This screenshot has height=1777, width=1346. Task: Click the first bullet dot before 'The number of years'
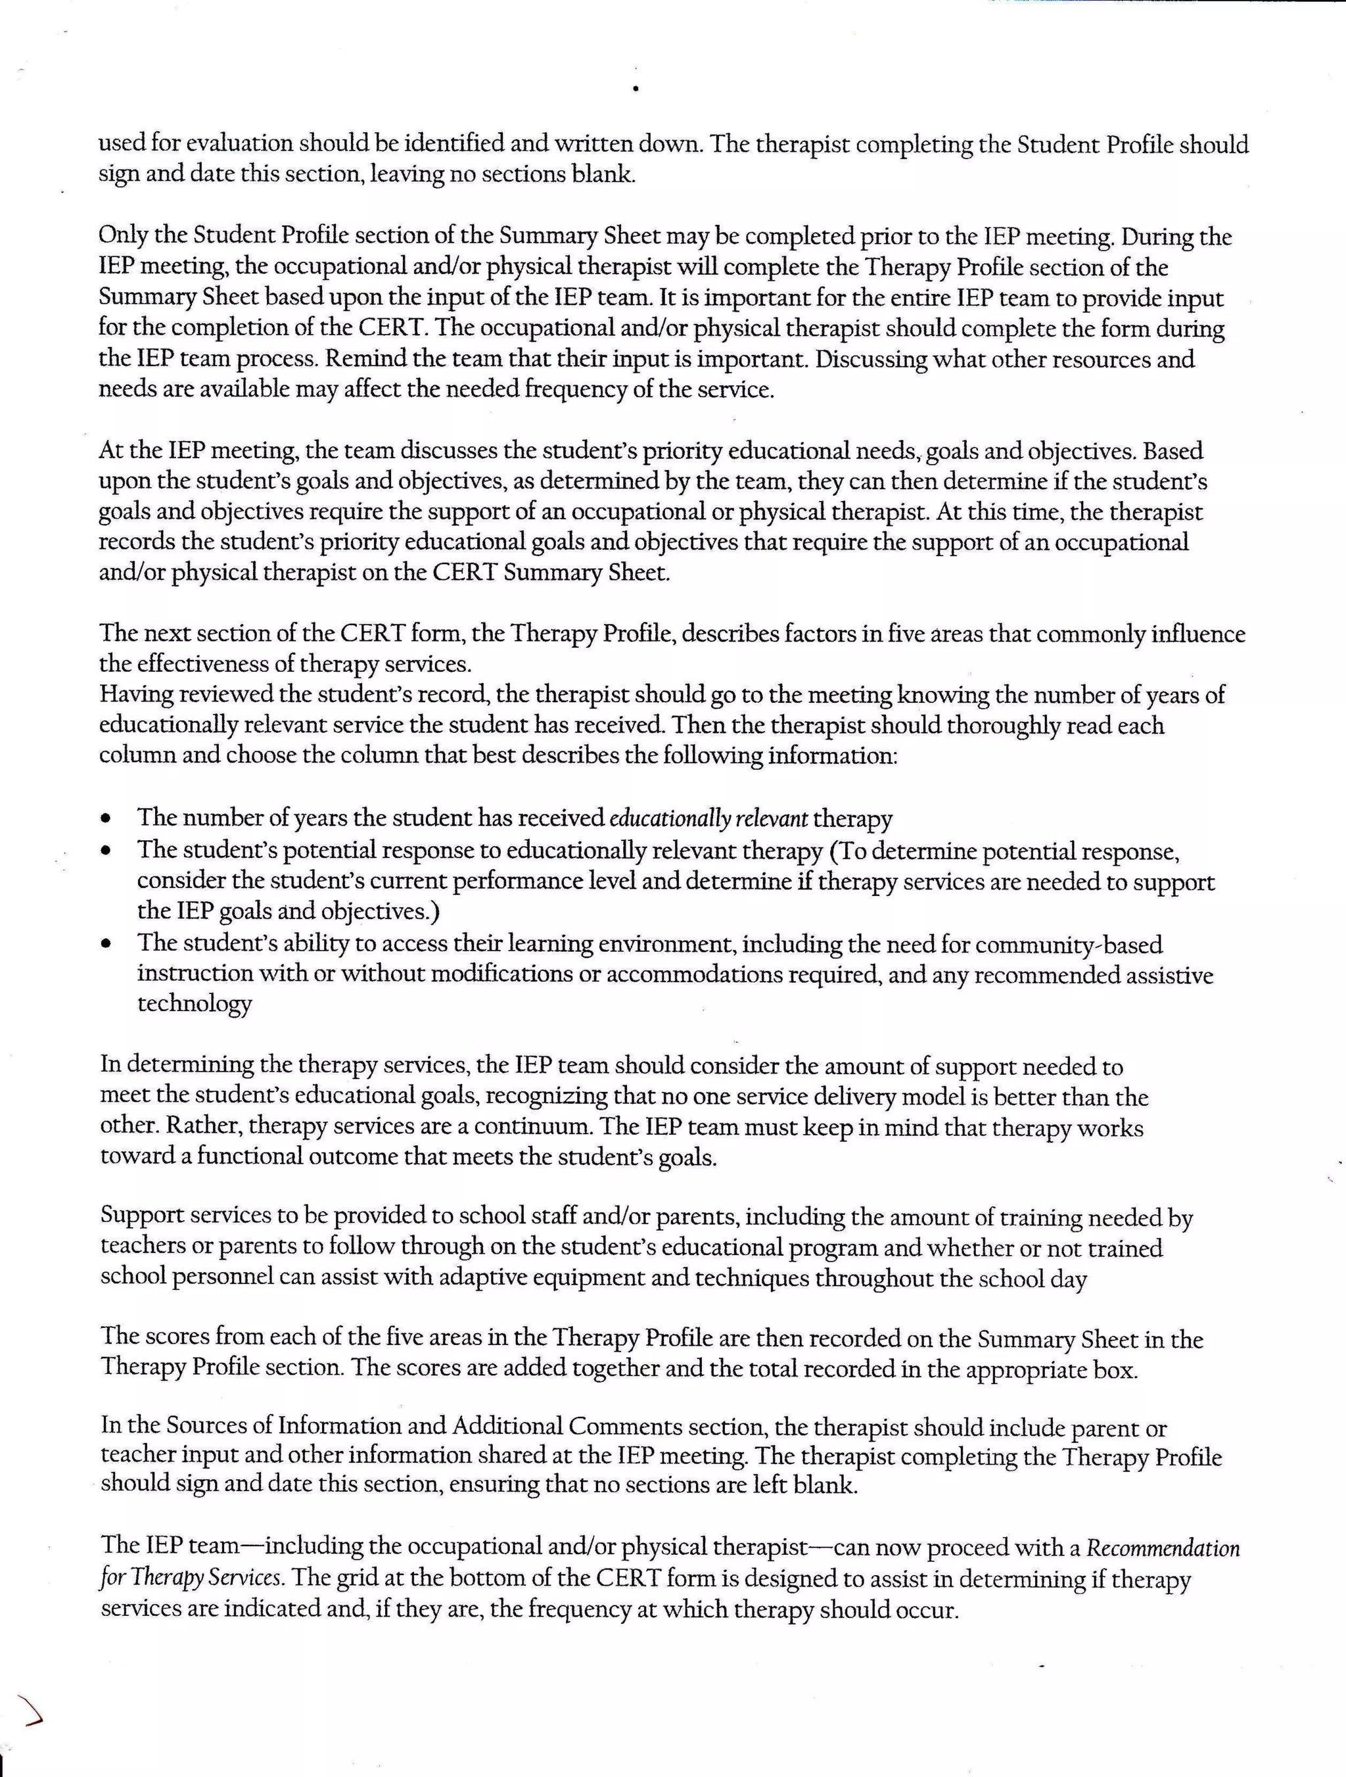105,820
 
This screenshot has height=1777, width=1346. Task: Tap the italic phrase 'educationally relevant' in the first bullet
708,818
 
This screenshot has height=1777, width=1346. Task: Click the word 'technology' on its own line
195,1004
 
